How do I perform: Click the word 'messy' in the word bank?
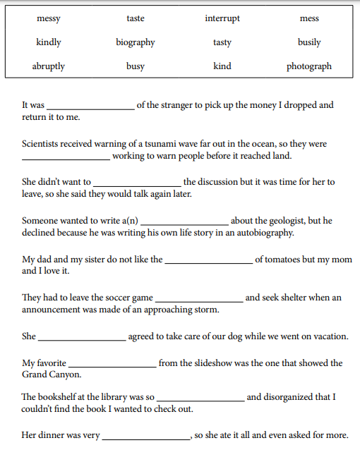point(48,18)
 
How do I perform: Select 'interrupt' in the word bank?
point(222,18)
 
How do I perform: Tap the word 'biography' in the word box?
point(136,42)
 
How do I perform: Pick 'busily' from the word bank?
point(309,42)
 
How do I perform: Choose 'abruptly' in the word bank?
point(48,66)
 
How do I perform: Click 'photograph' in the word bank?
point(309,66)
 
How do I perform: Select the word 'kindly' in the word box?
point(48,42)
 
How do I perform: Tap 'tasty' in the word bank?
point(222,42)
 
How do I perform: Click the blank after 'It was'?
point(90,107)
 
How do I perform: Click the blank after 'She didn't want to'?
point(138,183)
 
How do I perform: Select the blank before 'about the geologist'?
point(184,222)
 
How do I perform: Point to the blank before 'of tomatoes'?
point(208,261)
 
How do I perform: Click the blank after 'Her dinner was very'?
point(147,437)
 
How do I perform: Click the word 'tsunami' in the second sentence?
point(158,144)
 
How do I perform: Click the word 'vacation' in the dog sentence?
point(329,336)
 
